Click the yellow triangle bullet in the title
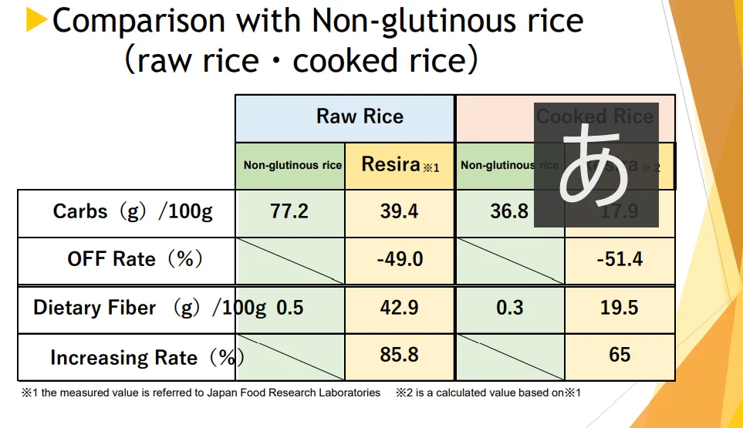tap(36, 21)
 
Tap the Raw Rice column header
tap(360, 116)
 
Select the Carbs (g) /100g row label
tap(132, 211)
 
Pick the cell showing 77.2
tap(290, 211)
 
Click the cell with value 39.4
tap(400, 211)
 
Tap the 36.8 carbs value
tap(509, 211)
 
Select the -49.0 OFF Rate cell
tap(400, 259)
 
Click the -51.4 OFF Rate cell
tap(620, 259)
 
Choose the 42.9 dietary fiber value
tap(400, 308)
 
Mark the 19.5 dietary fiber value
tap(620, 308)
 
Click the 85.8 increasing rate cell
tap(400, 355)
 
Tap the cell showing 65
tap(620, 355)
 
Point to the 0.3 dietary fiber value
tap(509, 308)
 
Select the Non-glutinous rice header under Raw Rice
tap(292, 165)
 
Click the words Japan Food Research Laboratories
tap(294, 393)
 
